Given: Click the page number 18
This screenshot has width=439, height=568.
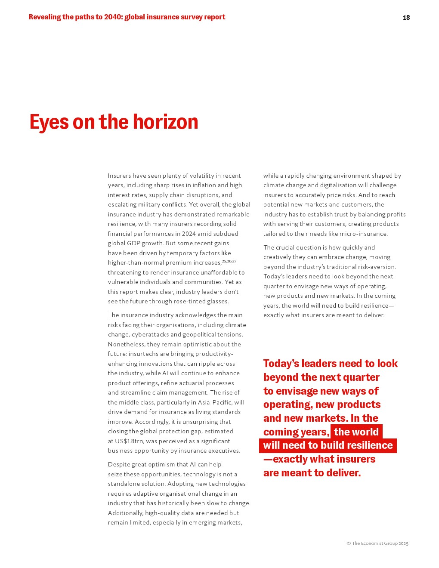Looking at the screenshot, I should point(406,18).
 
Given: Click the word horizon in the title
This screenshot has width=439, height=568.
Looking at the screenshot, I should point(165,122).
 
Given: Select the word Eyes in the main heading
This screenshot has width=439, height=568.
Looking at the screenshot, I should point(49,122).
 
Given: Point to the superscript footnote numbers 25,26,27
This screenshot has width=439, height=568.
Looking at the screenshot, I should point(229,261).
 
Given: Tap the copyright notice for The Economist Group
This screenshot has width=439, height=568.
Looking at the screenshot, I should point(377,543).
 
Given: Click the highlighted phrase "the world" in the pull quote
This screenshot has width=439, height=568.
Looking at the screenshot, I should point(356,432).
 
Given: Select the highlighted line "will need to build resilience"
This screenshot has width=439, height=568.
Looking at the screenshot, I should point(328,445).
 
